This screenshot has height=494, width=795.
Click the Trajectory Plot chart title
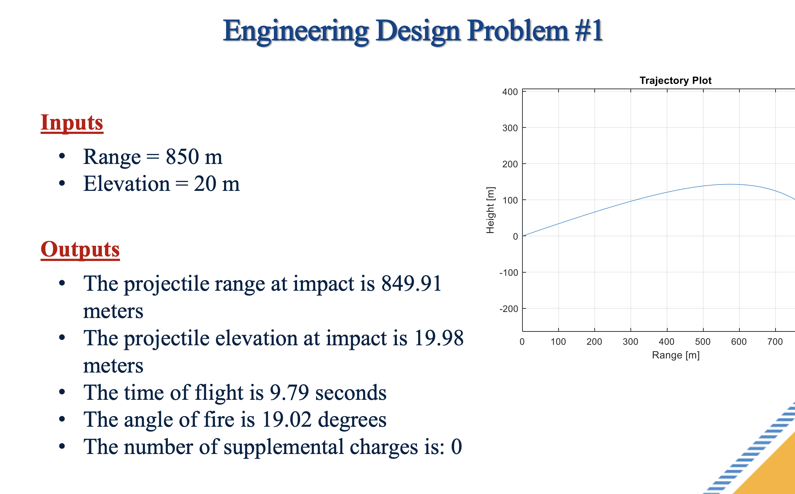click(x=675, y=80)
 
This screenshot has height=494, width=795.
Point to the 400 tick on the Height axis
click(x=510, y=92)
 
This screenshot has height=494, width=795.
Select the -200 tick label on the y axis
click(x=509, y=309)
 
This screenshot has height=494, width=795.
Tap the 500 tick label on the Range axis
click(x=703, y=342)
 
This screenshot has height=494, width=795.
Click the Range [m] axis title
click(x=676, y=355)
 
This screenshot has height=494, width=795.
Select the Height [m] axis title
click(x=490, y=210)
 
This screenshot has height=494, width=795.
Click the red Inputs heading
click(x=72, y=123)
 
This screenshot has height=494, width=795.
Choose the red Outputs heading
click(x=80, y=249)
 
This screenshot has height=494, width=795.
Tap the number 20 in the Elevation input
click(x=205, y=184)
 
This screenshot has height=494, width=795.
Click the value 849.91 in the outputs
click(x=411, y=284)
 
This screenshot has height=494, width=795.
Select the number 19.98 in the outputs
click(x=439, y=338)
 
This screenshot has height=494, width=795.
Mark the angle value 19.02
click(x=287, y=420)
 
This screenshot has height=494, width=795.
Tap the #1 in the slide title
click(x=589, y=31)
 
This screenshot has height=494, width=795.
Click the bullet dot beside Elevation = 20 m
click(x=62, y=183)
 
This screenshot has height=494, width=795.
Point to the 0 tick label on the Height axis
click(x=515, y=237)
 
